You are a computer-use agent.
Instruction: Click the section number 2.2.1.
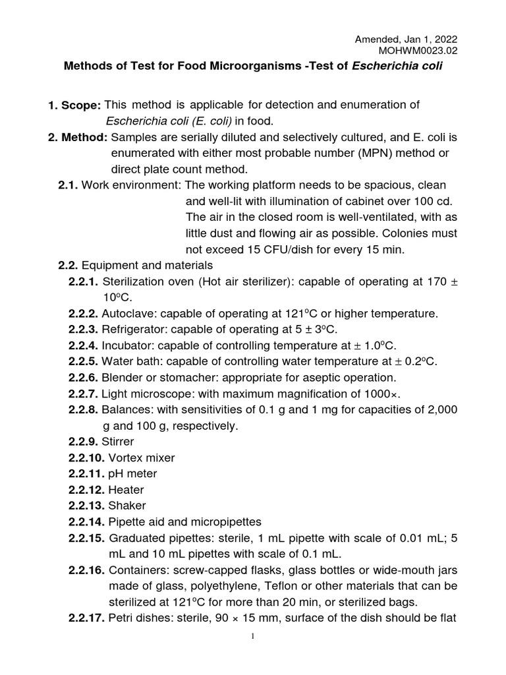pyautogui.click(x=84, y=281)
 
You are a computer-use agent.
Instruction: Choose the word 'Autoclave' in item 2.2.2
pyautogui.click(x=126, y=313)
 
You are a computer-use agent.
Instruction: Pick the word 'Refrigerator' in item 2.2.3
pyautogui.click(x=132, y=330)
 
